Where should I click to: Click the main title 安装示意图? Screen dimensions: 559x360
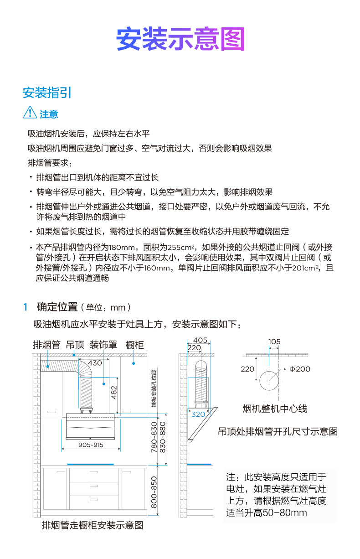180,39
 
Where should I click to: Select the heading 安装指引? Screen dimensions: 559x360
47,93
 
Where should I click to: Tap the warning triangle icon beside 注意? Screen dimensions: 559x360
30,112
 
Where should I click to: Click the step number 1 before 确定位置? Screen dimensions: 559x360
26,307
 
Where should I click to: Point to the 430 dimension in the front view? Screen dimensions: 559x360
95,363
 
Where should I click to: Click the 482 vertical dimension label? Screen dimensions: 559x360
114,391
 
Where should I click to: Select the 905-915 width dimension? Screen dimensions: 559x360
91,445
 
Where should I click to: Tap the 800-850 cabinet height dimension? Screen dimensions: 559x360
154,492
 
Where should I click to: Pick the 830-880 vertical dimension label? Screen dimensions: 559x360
163,437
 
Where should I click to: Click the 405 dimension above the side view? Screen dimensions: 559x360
200,340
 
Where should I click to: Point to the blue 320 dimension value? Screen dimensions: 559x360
198,414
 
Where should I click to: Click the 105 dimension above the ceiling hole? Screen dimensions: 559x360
274,342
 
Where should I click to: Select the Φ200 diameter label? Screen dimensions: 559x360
299,369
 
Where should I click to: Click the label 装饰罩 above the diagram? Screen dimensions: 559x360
103,345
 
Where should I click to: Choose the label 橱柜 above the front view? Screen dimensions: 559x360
135,345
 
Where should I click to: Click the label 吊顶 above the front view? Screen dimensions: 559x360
75,345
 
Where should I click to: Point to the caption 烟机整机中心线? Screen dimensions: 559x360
275,409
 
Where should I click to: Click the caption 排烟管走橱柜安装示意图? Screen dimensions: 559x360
93,525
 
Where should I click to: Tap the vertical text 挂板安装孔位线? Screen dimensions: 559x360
154,388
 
